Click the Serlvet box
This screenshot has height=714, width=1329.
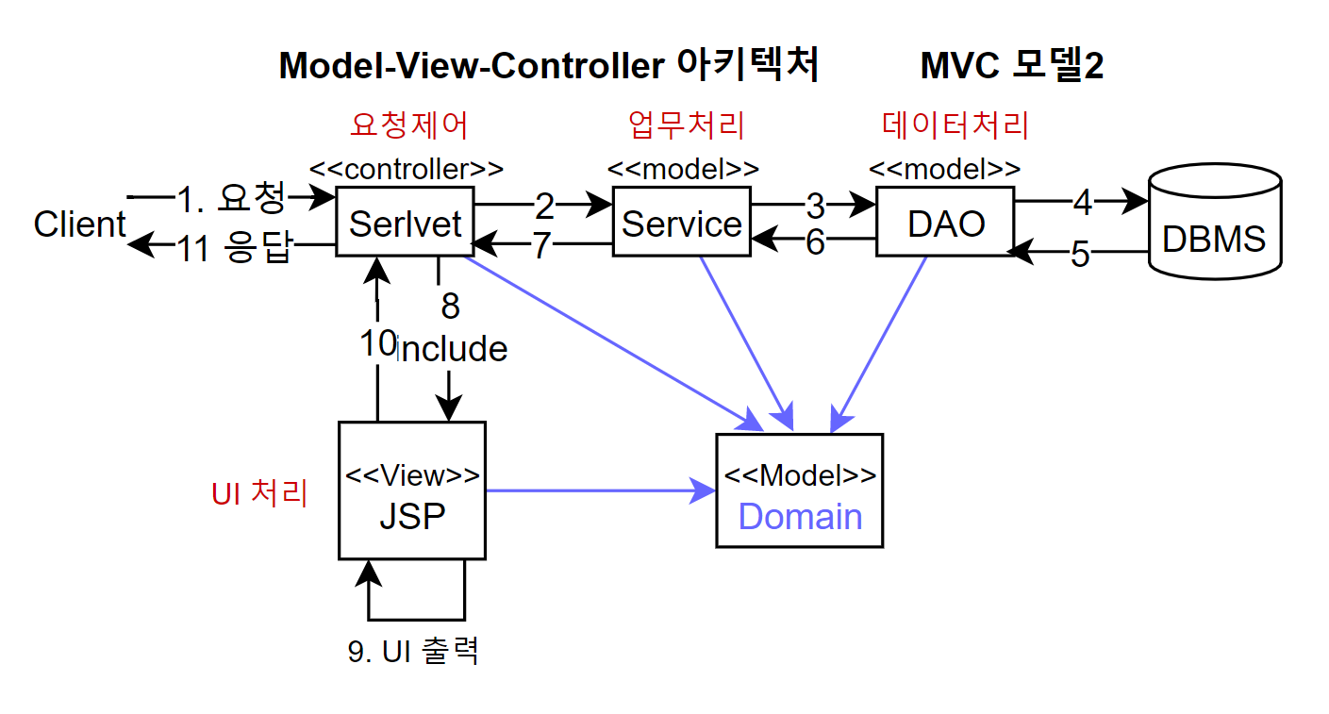pos(405,222)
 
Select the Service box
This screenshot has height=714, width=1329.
pos(682,222)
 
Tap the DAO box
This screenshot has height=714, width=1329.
pos(945,222)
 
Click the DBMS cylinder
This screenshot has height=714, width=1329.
pos(1215,222)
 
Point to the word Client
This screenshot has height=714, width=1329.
pos(79,224)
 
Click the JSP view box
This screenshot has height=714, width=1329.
pos(412,490)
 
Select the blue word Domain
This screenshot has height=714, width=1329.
pos(800,516)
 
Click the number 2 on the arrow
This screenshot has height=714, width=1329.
pos(544,206)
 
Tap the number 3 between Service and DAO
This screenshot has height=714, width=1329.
pos(816,206)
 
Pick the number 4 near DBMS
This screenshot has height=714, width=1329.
pos(1083,203)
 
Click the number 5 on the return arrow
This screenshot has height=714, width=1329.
pos(1080,255)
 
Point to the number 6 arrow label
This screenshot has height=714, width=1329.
pos(815,242)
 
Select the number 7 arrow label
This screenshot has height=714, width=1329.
pos(541,245)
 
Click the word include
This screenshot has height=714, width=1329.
pos(452,348)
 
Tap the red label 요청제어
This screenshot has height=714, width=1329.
pos(409,125)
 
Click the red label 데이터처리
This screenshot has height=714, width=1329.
pos(955,125)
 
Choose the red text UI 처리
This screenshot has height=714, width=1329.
pos(259,493)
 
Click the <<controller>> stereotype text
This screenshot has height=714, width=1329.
pos(407,169)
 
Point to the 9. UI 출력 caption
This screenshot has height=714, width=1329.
pos(413,651)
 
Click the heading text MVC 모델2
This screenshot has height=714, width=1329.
pos(1011,65)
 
